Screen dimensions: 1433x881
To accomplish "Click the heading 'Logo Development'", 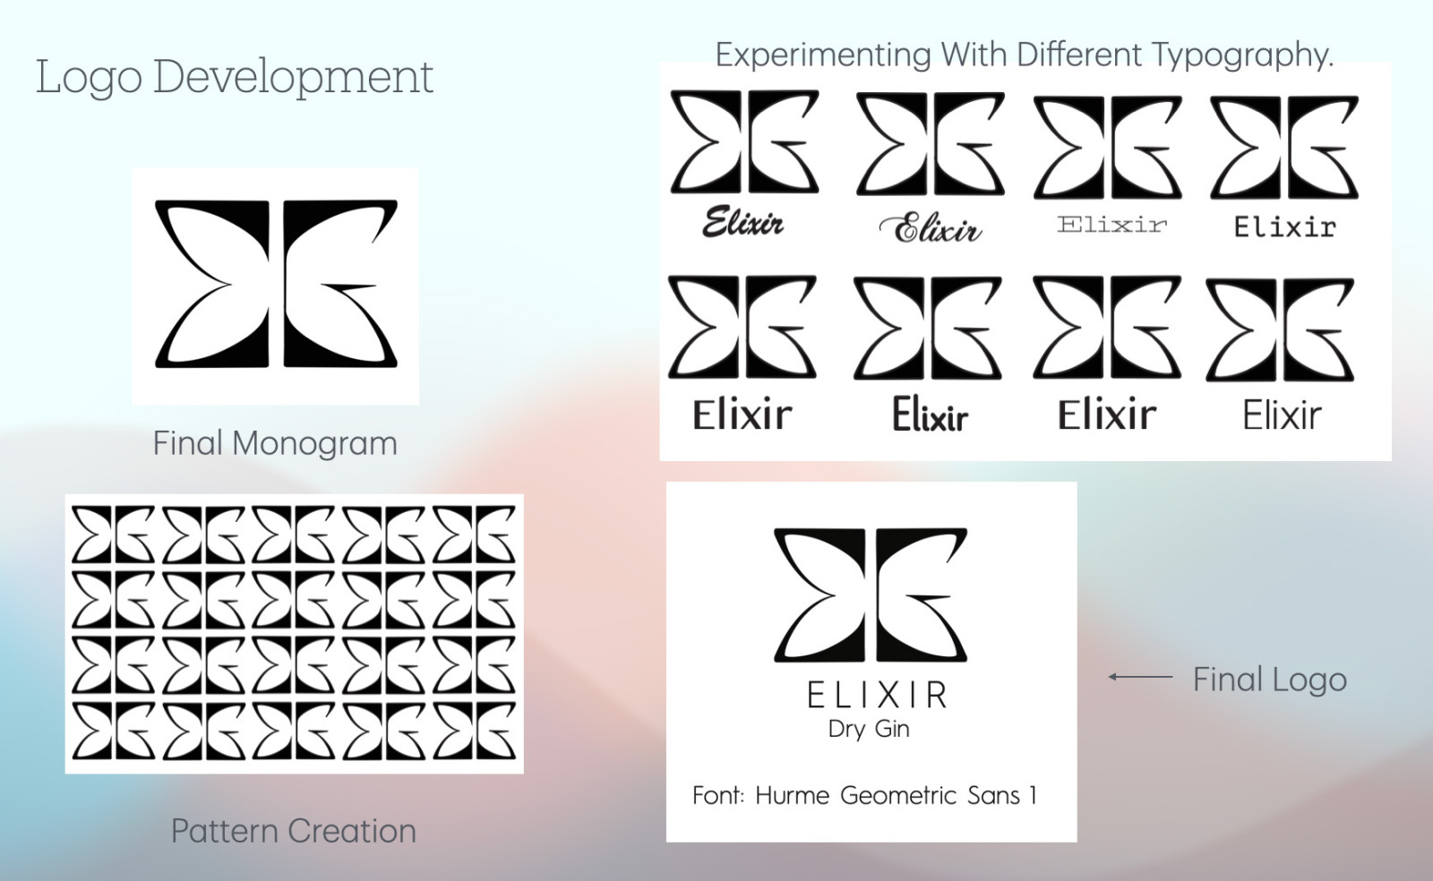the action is [235, 77].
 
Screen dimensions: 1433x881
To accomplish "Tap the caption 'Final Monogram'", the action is [275, 443].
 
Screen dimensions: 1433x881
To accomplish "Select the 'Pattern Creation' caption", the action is [294, 831].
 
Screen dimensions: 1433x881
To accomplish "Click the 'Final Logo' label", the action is [1270, 679].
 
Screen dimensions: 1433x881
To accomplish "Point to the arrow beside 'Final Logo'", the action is [1141, 676].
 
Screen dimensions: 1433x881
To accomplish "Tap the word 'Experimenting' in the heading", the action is [823, 55].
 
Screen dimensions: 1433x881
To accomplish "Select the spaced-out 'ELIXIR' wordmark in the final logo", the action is [877, 696].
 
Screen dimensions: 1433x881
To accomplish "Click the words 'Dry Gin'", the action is [869, 729].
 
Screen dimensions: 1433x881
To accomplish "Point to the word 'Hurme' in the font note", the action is [792, 795].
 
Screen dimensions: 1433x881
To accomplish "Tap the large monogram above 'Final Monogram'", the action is [276, 284].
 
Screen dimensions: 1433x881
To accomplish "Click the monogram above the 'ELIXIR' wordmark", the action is [871, 594].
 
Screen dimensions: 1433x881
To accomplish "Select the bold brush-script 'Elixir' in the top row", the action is [742, 222].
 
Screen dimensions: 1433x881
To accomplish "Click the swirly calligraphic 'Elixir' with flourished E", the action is [931, 227].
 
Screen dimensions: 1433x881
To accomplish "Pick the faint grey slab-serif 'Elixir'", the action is [1111, 225].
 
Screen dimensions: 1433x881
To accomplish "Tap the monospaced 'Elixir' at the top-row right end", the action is [1284, 227].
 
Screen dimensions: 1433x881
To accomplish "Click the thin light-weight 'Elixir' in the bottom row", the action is [1282, 415].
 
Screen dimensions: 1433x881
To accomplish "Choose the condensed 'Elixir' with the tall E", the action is [931, 414].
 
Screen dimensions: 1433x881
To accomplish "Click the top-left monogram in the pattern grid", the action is [113, 535].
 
